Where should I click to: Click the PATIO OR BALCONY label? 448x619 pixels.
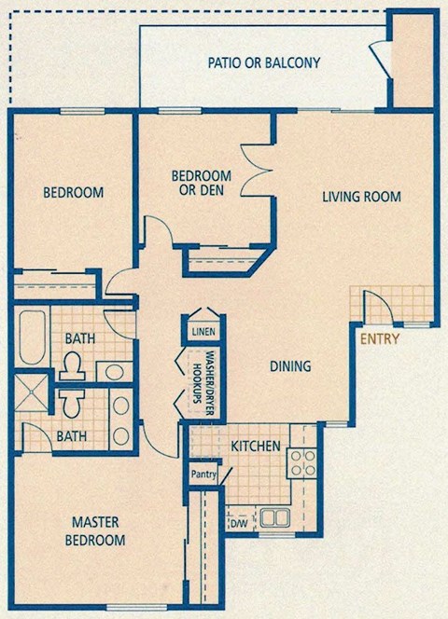pos(263,63)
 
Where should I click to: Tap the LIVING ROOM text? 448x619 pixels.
pos(361,197)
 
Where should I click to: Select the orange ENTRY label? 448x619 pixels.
pos(380,338)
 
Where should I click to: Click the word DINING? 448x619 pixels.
pos(291,366)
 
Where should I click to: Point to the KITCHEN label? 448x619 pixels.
pos(256,447)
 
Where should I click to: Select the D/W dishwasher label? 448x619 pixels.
pos(239,524)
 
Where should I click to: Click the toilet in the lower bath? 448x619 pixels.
pos(71,401)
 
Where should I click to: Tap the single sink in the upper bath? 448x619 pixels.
pos(114,372)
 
